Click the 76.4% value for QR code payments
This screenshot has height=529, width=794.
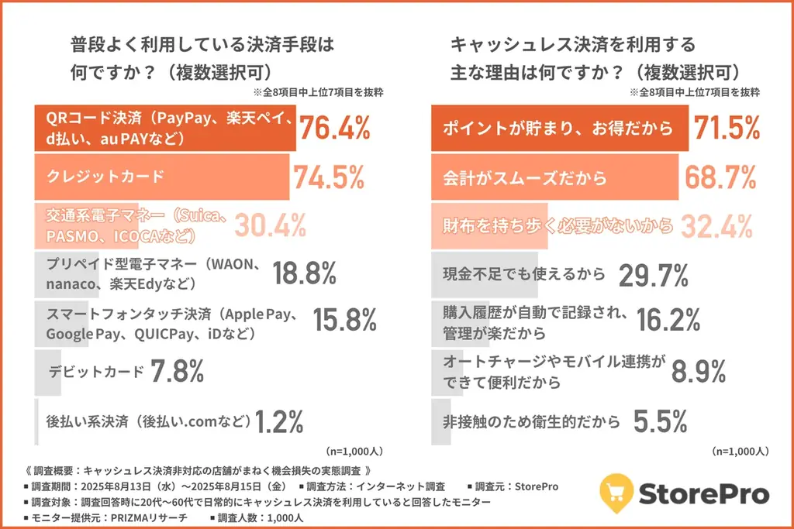click(x=334, y=129)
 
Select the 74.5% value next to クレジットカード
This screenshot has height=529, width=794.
click(x=328, y=177)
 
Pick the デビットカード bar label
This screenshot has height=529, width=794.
click(x=96, y=371)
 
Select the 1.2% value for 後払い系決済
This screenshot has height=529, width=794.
click(x=279, y=422)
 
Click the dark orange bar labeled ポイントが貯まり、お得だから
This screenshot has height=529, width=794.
click(x=558, y=129)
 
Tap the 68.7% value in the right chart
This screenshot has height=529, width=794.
click(x=720, y=177)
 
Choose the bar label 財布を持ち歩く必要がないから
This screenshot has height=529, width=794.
click(x=558, y=226)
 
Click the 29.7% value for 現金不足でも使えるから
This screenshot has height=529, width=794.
click(x=654, y=273)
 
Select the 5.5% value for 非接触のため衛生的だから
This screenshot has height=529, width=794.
click(x=661, y=422)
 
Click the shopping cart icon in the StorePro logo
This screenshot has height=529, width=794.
click(x=618, y=491)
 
